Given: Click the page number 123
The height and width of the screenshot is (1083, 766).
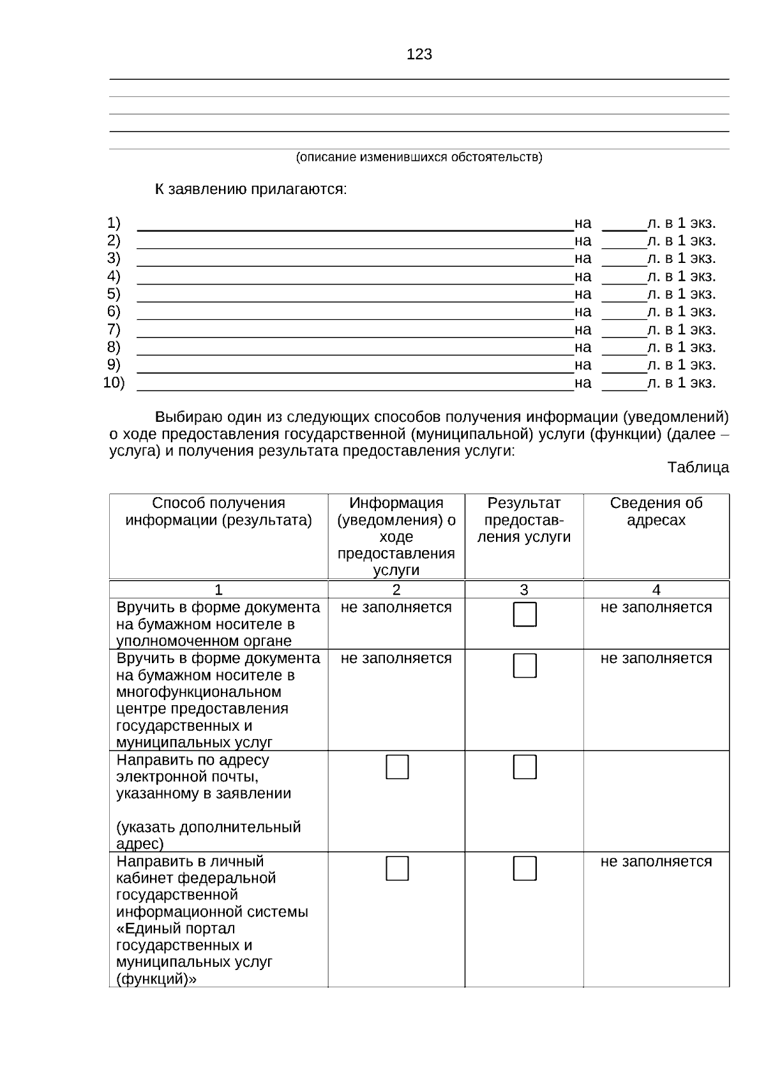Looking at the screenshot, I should click(419, 55).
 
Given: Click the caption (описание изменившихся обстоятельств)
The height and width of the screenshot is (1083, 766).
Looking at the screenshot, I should click(419, 157).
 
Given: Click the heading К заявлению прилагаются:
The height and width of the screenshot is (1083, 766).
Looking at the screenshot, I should click(251, 190).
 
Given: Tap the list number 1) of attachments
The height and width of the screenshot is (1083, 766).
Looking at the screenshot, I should click(114, 223).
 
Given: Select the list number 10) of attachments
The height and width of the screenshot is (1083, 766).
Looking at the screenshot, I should click(114, 383).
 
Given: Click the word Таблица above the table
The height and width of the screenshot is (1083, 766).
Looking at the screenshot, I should click(698, 467).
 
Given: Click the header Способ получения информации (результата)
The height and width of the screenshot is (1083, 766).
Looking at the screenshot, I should click(218, 512).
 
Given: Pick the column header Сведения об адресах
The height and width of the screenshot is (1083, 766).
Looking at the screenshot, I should click(656, 512).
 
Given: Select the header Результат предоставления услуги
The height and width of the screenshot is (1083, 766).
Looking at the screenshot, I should click(523, 520).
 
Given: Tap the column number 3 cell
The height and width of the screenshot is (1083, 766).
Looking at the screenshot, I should click(523, 590).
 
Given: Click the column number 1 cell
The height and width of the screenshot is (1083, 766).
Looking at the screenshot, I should click(218, 590).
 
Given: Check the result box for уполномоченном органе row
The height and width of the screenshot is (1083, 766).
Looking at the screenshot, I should click(525, 615).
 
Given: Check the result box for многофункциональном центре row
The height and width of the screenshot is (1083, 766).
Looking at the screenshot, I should click(525, 666).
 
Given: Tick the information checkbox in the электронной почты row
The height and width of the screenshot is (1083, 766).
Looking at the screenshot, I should click(397, 767).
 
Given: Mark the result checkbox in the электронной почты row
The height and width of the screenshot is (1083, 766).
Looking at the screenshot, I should click(525, 767).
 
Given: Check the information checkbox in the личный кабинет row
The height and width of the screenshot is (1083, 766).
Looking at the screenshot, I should click(397, 869).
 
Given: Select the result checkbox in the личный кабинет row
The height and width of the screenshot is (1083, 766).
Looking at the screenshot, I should click(525, 869).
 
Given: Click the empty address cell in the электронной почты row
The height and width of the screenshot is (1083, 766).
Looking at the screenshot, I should click(656, 801).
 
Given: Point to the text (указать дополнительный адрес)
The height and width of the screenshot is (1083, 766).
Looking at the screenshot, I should click(208, 835).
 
